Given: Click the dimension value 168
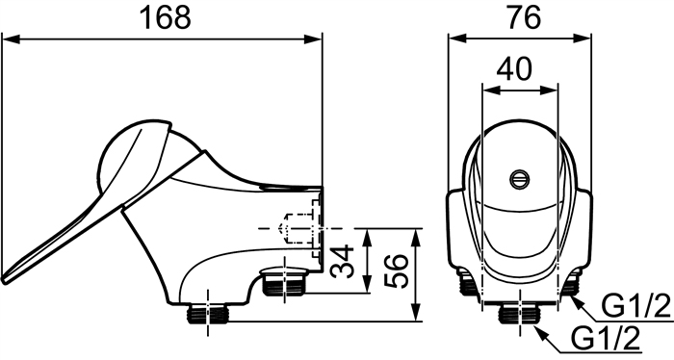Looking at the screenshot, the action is [166, 17].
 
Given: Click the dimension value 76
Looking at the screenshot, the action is [524, 17].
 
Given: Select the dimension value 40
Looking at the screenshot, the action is [514, 68].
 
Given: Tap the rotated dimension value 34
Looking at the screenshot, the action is [343, 261].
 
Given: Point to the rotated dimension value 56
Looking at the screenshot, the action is [396, 271].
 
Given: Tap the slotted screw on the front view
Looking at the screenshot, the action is [520, 179].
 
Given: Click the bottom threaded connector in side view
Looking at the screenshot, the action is [208, 313].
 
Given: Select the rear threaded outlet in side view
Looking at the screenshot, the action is [284, 281].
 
